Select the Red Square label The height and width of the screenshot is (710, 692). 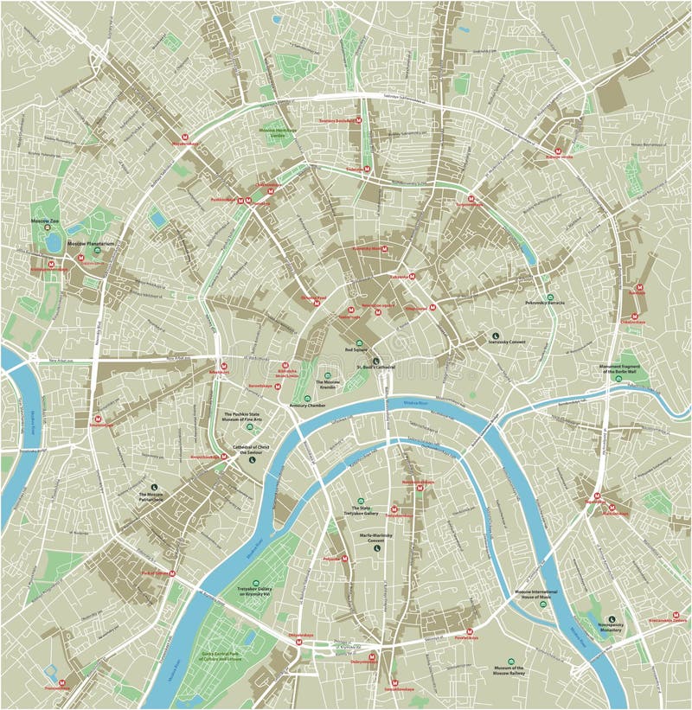click(x=356, y=350)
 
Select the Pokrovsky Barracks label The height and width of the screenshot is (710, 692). click(x=544, y=303)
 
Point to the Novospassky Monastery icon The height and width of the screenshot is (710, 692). click(x=612, y=619)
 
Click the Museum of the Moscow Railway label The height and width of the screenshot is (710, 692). click(x=509, y=671)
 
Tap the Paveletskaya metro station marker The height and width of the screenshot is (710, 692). click(x=470, y=631)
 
